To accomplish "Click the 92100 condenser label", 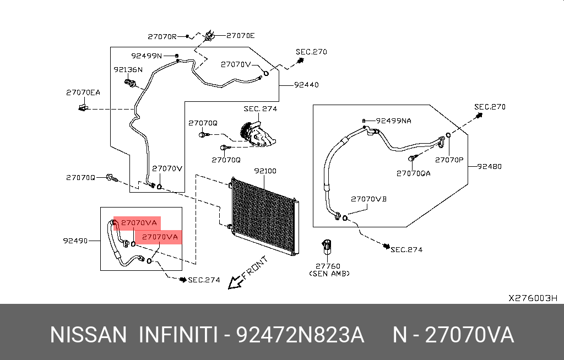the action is click(x=265, y=171).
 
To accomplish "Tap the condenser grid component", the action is click(x=265, y=216).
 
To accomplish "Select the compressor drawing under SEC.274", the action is click(x=258, y=134).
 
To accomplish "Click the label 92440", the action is click(x=306, y=85).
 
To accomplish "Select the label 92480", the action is click(x=489, y=166).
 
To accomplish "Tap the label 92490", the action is click(x=75, y=241).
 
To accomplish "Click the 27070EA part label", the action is click(x=83, y=92).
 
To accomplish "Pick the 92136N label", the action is click(x=128, y=69).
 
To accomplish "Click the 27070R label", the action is click(x=162, y=36).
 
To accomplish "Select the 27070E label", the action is click(x=240, y=35).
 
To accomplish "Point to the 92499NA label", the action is click(x=393, y=121).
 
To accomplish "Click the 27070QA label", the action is click(x=413, y=173).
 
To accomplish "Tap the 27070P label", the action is click(x=449, y=160).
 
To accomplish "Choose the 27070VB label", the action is click(x=368, y=199).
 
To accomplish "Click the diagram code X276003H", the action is click(x=533, y=298).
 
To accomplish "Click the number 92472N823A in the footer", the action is click(x=300, y=335).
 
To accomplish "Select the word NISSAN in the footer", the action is click(x=88, y=335).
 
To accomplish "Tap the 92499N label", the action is click(x=147, y=56).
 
